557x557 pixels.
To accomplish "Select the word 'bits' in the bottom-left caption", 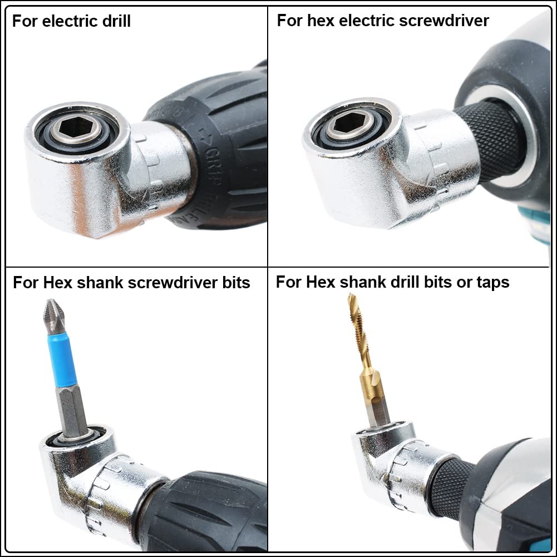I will click(235, 283).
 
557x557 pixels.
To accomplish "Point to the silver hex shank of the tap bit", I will click(378, 409).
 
